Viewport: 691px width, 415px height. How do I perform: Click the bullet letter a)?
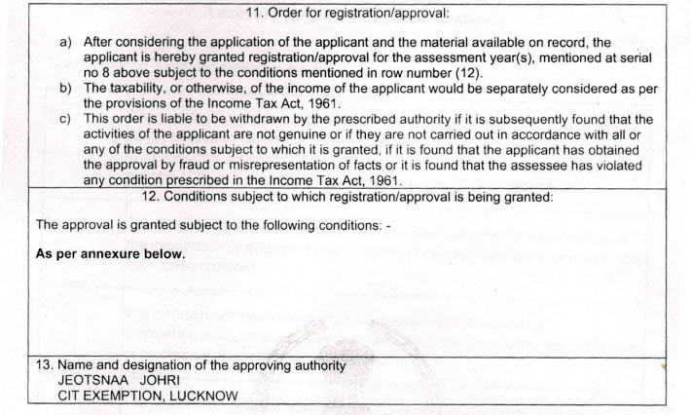66,43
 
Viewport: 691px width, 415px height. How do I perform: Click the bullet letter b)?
66,88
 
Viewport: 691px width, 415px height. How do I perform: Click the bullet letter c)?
66,119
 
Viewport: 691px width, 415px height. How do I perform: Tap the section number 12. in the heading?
151,196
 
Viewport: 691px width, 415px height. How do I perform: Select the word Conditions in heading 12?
199,196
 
